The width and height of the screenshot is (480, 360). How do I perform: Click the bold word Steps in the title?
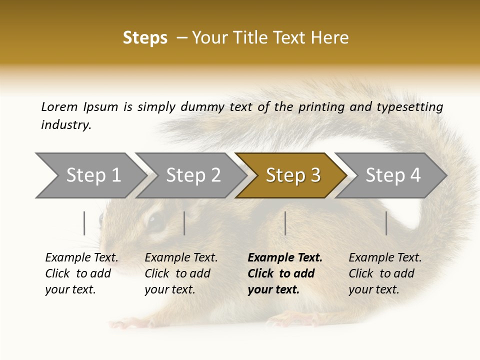coord(145,38)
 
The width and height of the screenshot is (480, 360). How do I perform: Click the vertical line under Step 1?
coord(84,223)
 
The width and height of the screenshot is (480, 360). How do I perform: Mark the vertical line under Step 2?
coord(184,223)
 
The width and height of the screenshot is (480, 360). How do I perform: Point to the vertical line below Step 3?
coord(285,223)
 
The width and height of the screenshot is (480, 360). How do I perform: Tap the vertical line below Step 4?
coord(386,223)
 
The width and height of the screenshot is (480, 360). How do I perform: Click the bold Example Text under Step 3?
coord(285,258)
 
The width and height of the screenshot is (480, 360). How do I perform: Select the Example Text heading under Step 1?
coord(81,258)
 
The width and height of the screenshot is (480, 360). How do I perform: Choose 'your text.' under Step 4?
coord(373,289)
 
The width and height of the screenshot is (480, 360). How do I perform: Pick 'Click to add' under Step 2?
coord(177,273)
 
